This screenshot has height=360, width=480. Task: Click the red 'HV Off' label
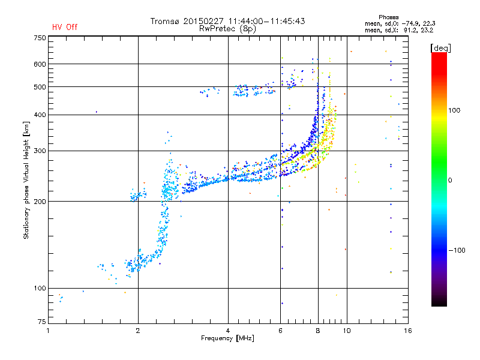tap(64, 27)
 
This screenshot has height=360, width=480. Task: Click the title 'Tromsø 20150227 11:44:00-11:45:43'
tap(227, 21)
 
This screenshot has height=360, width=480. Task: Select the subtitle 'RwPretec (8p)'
tap(227, 28)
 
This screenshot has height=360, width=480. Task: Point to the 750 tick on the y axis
tap(40, 38)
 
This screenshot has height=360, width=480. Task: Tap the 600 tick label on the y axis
tap(40, 64)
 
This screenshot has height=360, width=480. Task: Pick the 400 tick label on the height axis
tap(40, 115)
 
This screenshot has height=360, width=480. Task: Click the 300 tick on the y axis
tap(40, 151)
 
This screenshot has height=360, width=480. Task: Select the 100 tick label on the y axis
tap(40, 288)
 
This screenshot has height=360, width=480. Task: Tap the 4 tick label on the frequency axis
tap(228, 331)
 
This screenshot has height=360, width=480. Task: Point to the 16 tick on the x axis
tap(407, 331)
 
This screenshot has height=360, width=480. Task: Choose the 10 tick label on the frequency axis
tap(346, 331)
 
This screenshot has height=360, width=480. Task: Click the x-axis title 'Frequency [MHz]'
tap(227, 338)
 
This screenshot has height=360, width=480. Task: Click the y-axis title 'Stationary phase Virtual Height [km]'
tap(26, 181)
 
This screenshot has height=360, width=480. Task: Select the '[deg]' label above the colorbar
tap(440, 47)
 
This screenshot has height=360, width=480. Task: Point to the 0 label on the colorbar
tap(450, 180)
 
